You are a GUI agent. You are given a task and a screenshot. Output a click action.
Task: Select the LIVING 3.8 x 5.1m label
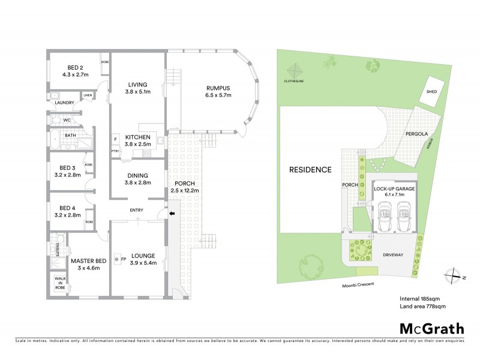click(x=138, y=88)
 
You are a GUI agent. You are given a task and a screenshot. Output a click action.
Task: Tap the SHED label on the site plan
click(x=431, y=92)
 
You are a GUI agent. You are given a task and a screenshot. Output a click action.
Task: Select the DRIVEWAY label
click(x=395, y=256)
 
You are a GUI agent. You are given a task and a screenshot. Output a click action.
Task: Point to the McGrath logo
click(x=432, y=328)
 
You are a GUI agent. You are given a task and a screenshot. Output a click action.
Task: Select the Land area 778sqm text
click(x=422, y=306)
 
